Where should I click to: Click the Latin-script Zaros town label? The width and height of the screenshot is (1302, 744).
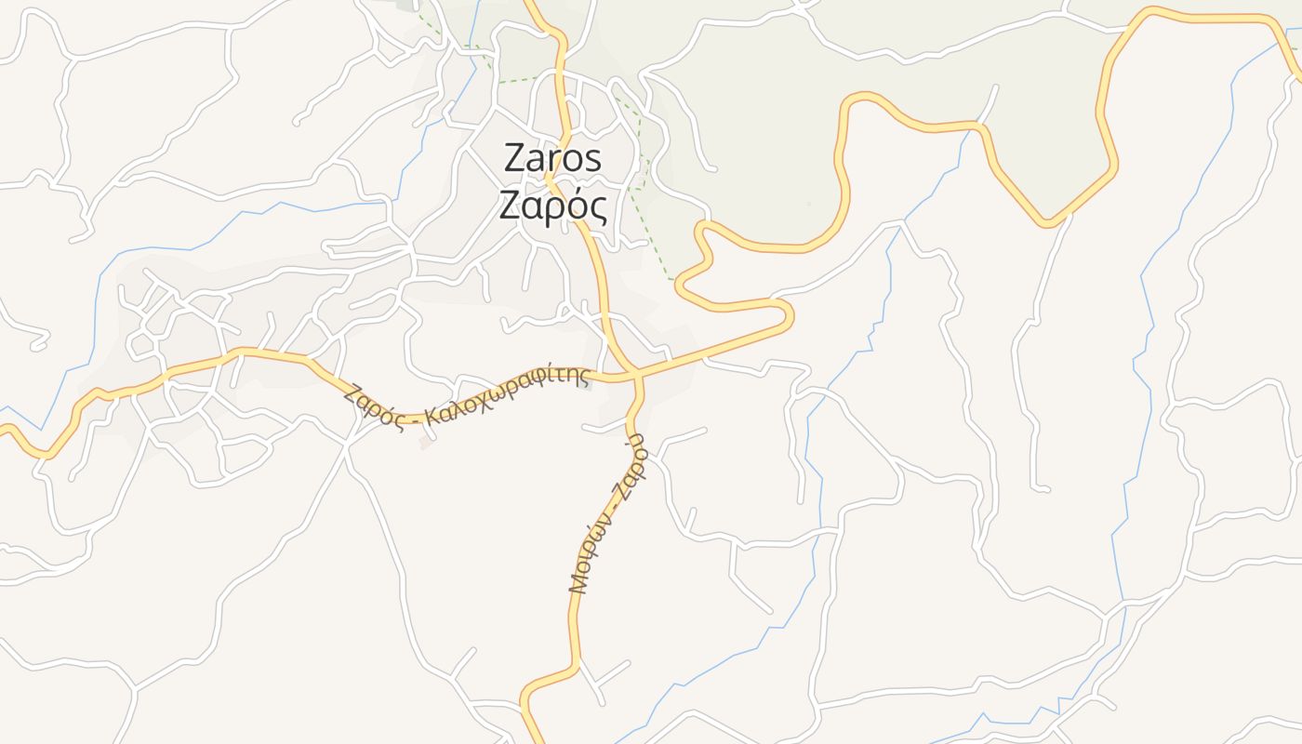pyautogui.click(x=552, y=159)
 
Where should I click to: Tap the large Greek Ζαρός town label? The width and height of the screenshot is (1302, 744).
pyautogui.click(x=552, y=206)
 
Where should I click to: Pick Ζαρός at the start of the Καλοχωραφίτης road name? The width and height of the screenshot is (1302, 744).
pyautogui.click(x=372, y=405)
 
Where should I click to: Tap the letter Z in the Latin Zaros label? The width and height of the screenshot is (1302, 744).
pyautogui.click(x=514, y=159)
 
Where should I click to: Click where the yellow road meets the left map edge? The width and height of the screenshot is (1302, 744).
pyautogui.click(x=3, y=429)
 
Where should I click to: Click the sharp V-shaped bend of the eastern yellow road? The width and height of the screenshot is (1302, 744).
pyautogui.click(x=1046, y=222)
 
